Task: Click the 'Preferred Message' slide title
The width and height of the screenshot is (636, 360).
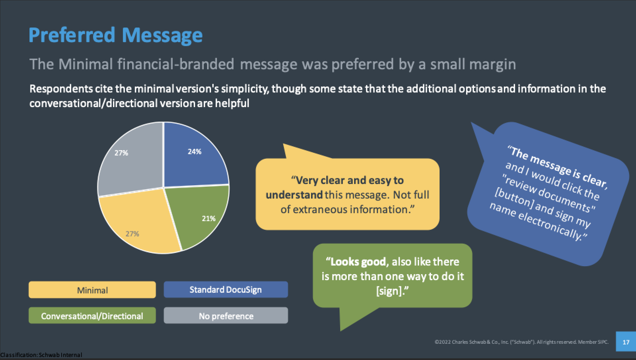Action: click(115, 35)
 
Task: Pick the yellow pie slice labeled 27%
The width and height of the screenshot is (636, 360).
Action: click(139, 225)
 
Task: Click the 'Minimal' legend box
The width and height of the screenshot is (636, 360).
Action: click(92, 290)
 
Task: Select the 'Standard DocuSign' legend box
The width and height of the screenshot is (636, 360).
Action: click(226, 290)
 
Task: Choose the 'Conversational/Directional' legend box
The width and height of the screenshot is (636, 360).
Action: click(92, 316)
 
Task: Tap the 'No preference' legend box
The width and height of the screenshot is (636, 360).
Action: click(226, 316)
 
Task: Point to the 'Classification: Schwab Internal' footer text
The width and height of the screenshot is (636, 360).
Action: click(41, 355)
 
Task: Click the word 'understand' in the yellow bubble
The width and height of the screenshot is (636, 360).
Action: click(294, 195)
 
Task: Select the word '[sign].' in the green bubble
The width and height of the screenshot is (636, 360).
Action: click(392, 291)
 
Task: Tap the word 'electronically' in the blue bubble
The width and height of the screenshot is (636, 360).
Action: click(552, 225)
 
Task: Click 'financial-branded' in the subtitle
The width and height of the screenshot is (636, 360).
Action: click(176, 64)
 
